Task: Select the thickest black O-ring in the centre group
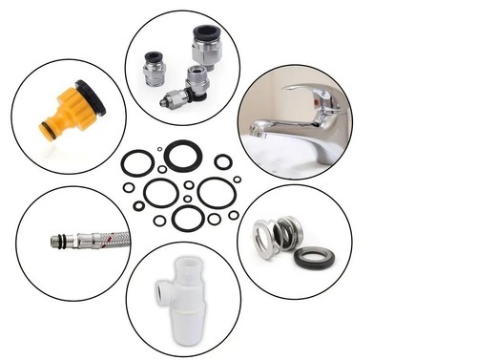[183, 155]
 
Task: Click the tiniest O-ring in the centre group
[158, 149]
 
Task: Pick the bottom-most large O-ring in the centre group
[188, 219]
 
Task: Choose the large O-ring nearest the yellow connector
[137, 163]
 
